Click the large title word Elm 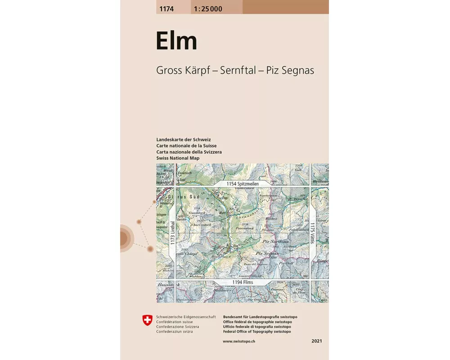pyautogui.click(x=176, y=41)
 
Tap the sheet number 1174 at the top pyautogui.click(x=166, y=9)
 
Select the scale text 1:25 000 pyautogui.click(x=208, y=9)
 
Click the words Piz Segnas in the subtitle pyautogui.click(x=290, y=71)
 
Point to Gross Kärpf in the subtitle pyautogui.click(x=181, y=71)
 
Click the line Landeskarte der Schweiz pyautogui.click(x=184, y=139)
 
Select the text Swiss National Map pyautogui.click(x=178, y=158)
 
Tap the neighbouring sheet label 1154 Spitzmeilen pyautogui.click(x=243, y=184)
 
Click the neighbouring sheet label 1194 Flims pyautogui.click(x=243, y=282)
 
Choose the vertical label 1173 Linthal pyautogui.click(x=172, y=233)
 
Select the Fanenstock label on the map pyautogui.click(x=245, y=228)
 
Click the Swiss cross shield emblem pyautogui.click(x=147, y=320)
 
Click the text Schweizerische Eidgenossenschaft pyautogui.click(x=186, y=317)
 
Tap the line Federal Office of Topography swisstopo pyautogui.click(x=256, y=332)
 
